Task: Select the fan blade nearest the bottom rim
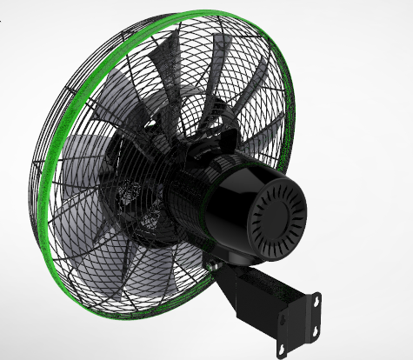130,261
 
